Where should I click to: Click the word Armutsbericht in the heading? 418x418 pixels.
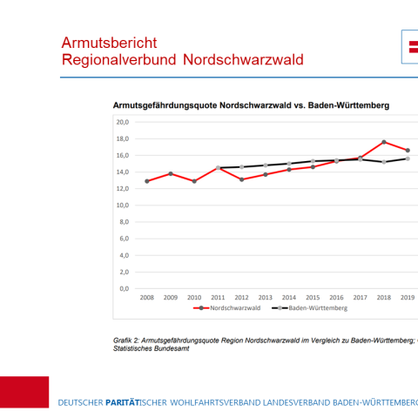pyautogui.click(x=109, y=42)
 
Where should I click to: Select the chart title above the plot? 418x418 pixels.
pyautogui.click(x=251, y=104)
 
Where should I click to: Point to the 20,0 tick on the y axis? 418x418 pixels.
pyautogui.click(x=123, y=122)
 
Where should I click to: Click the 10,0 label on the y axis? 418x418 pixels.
pyautogui.click(x=123, y=206)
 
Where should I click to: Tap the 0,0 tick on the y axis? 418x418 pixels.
pyautogui.click(x=125, y=288)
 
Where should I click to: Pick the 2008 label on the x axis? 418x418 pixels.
pyautogui.click(x=146, y=297)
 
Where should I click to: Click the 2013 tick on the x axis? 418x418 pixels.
pyautogui.click(x=265, y=297)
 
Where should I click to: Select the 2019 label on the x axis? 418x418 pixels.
pyautogui.click(x=407, y=297)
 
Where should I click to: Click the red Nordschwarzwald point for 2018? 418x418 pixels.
pyautogui.click(x=384, y=142)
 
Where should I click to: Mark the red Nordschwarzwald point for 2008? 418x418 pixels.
pyautogui.click(x=146, y=181)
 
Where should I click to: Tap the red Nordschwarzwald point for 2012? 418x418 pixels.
pyautogui.click(x=241, y=179)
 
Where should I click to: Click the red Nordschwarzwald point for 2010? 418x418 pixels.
pyautogui.click(x=194, y=181)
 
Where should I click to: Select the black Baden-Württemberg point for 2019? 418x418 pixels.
pyautogui.click(x=408, y=158)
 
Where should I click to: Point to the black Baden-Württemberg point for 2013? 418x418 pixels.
pyautogui.click(x=265, y=165)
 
